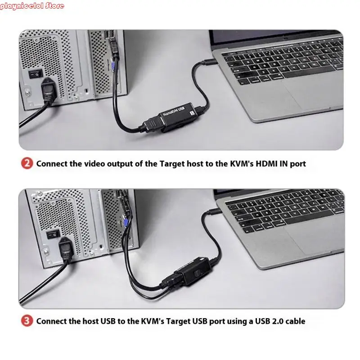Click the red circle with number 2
coord(27,163)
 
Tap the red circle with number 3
coord(27,321)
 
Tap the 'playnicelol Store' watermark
coord(32,6)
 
